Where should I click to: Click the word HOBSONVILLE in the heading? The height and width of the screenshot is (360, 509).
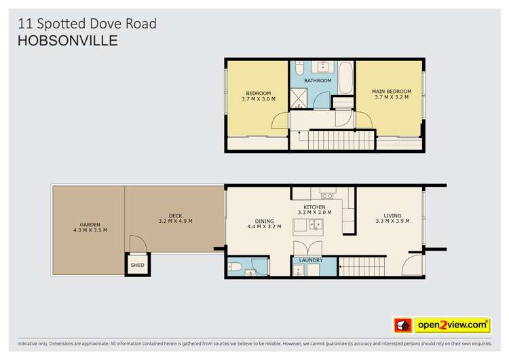coord(67,41)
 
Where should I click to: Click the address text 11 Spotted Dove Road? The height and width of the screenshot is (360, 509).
coord(87,24)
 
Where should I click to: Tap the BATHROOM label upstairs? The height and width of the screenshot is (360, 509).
coord(318,81)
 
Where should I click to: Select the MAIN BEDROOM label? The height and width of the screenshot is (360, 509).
coord(391,91)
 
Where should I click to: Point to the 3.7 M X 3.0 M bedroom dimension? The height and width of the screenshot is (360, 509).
coord(258,99)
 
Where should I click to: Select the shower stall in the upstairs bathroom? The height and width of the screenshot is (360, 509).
coord(299,99)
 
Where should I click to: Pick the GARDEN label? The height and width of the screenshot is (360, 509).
coord(90,224)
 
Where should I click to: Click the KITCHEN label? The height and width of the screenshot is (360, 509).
coord(314,206)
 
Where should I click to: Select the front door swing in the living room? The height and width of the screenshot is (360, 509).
coord(413,265)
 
